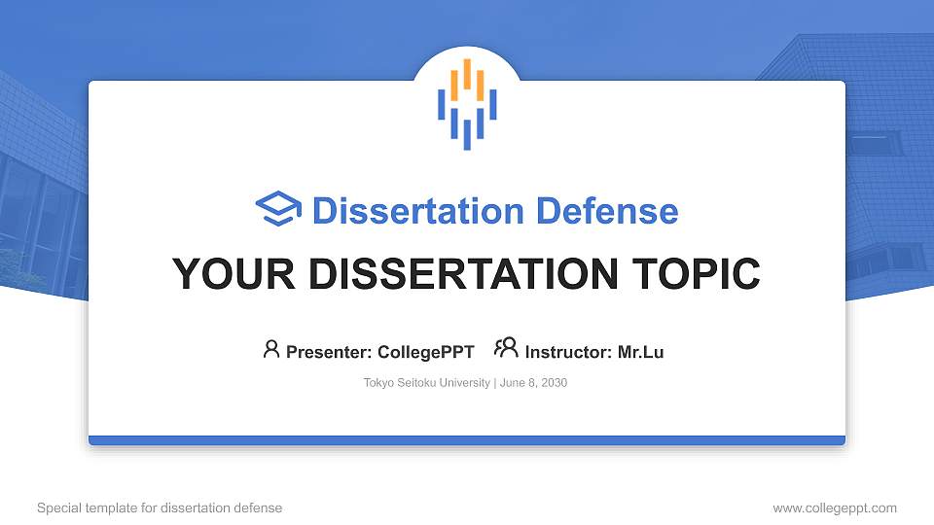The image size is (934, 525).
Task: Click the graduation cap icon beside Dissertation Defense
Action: (278, 210)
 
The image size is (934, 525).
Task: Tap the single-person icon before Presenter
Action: (271, 349)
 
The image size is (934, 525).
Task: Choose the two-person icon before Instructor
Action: (506, 348)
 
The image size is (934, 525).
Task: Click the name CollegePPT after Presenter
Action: (425, 352)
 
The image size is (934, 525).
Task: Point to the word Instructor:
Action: (568, 352)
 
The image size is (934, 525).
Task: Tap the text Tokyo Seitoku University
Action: (427, 383)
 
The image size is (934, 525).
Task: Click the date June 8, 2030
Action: (533, 383)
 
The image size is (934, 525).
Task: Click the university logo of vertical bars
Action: (467, 104)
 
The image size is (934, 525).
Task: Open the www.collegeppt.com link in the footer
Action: (834, 507)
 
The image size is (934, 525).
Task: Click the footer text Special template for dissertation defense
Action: (160, 507)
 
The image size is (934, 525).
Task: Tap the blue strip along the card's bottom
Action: (467, 440)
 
